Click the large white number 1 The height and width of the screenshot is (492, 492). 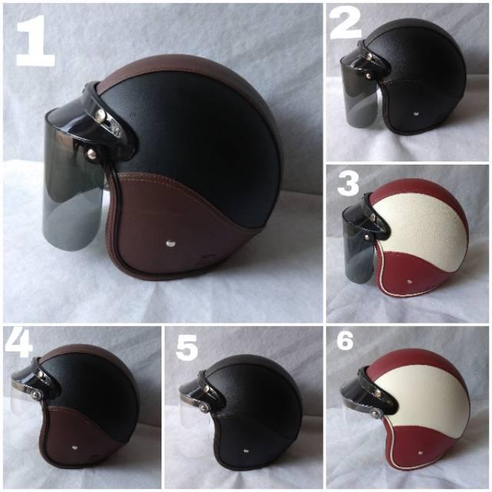35,40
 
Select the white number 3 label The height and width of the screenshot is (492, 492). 348,184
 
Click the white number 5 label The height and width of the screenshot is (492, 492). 187,347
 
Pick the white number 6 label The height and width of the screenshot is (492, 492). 345,341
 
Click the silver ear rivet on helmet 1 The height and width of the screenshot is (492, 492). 171,243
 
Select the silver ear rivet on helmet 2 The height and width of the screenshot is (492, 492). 416,113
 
